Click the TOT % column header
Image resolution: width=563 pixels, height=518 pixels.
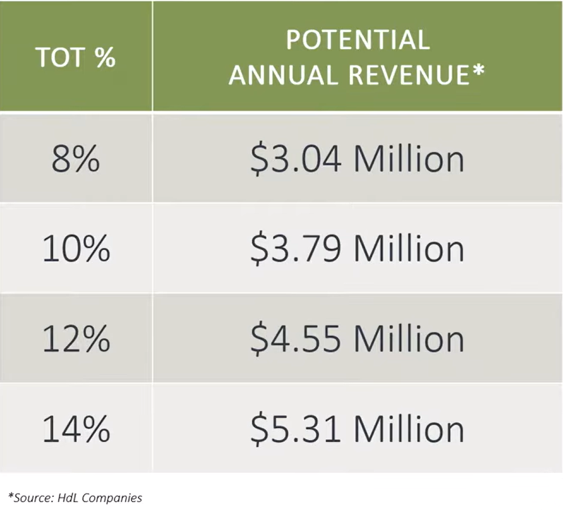click(x=75, y=57)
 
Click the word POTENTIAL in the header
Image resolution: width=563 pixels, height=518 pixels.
click(x=357, y=40)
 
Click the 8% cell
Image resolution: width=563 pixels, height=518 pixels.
click(x=75, y=160)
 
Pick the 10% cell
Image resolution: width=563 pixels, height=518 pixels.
click(x=75, y=249)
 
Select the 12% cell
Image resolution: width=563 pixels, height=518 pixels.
click(x=75, y=339)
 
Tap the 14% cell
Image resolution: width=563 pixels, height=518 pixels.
click(x=75, y=429)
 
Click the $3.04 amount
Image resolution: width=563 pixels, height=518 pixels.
click(x=296, y=160)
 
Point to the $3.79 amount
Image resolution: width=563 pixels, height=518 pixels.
click(x=296, y=249)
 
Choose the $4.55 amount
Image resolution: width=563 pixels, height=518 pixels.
click(x=296, y=339)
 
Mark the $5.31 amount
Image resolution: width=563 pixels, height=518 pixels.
click(x=296, y=429)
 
